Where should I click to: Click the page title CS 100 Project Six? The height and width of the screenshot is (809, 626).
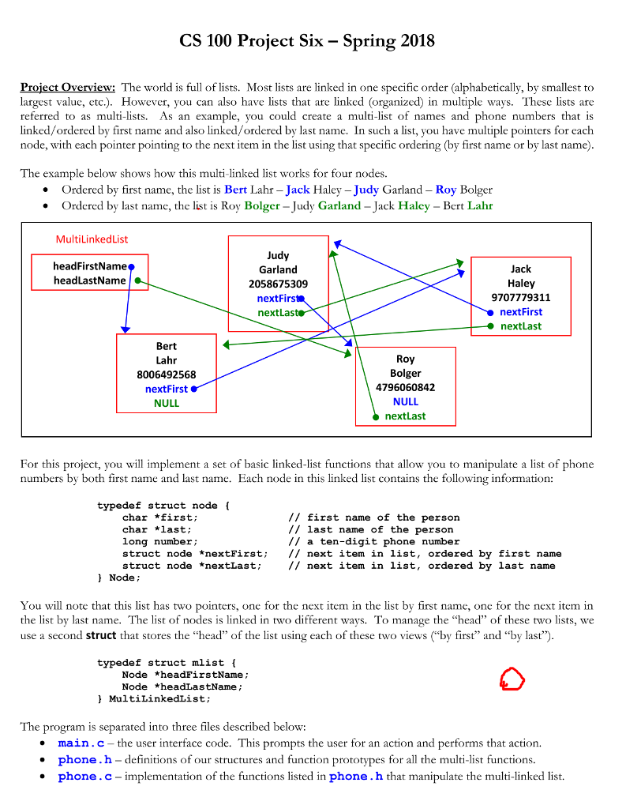[306, 41]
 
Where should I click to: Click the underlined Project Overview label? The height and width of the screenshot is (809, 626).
[68, 88]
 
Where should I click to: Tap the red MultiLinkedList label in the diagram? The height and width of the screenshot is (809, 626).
[92, 239]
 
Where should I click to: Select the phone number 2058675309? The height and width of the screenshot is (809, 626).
[278, 284]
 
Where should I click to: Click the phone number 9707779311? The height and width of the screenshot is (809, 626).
[520, 298]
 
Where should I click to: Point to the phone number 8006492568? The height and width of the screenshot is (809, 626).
[166, 374]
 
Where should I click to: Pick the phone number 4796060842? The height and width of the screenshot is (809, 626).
[405, 387]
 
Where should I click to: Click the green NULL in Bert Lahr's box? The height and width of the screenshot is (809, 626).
[166, 403]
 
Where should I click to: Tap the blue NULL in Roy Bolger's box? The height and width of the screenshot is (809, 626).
[405, 401]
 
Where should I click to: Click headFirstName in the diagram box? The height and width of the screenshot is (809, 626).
[90, 266]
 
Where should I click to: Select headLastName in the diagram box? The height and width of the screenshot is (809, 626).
[90, 280]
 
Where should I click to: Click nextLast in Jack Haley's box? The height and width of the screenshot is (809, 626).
[520, 326]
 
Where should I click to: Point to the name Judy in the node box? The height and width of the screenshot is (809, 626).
[278, 256]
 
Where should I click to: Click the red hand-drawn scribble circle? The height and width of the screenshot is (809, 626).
[512, 678]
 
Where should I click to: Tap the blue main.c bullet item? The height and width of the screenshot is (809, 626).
[81, 743]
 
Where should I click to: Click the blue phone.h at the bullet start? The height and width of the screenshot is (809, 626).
[85, 760]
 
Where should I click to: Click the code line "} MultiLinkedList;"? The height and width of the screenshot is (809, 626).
[154, 699]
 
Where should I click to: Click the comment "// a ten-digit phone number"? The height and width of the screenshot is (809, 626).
[373, 542]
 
